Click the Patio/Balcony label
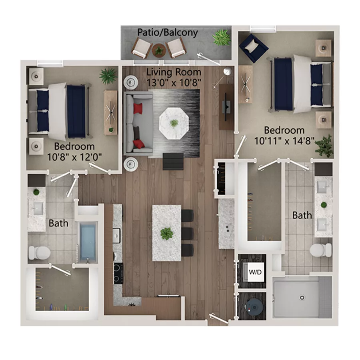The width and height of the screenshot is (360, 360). [168, 32]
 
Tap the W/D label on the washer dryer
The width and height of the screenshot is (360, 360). [255, 272]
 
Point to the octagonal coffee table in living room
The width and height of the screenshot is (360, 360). [174, 122]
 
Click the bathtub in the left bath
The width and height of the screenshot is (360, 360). [88, 242]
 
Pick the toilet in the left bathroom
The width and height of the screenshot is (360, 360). [39, 252]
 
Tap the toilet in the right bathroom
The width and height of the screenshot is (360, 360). [321, 250]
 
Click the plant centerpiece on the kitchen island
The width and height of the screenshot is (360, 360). [166, 233]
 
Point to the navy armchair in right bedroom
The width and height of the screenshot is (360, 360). [254, 47]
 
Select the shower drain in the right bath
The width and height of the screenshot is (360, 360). [302, 297]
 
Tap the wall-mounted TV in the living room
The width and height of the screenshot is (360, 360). [226, 106]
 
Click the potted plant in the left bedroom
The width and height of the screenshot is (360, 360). [108, 75]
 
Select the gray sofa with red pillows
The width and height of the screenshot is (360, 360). [138, 123]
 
